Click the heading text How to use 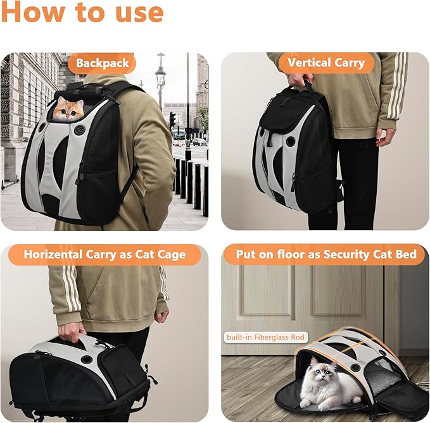(82, 13)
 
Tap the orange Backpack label (102, 63)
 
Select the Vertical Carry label (326, 63)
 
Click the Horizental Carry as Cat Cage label (104, 255)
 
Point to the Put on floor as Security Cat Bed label (326, 255)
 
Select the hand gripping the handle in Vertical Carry (298, 80)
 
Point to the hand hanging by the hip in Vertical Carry (384, 136)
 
